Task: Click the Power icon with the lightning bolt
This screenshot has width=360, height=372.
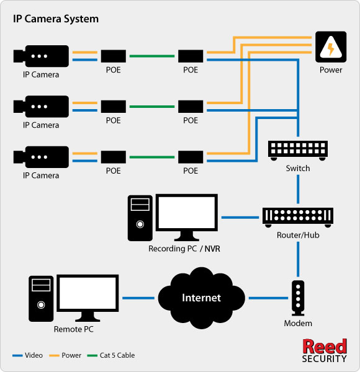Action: point(331,46)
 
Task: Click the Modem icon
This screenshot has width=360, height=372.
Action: point(298,298)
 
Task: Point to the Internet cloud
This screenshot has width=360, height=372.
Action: point(201,298)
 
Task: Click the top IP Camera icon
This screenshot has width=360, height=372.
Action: point(41,56)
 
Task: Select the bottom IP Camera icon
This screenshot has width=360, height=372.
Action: point(41,157)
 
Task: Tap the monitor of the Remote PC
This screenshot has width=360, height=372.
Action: point(88,298)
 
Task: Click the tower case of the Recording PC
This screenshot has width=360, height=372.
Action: point(140,218)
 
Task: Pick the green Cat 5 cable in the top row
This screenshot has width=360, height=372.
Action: point(152,56)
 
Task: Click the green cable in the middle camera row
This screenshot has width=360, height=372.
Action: point(152,107)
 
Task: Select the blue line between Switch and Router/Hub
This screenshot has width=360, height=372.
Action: point(298,189)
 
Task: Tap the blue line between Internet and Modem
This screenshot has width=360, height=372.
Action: point(268,298)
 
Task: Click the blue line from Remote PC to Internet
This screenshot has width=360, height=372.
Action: point(138,298)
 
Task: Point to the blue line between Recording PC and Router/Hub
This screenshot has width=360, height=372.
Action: point(240,218)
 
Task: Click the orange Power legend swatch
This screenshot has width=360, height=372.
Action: point(54,355)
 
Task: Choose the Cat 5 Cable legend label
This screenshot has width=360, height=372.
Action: point(117,355)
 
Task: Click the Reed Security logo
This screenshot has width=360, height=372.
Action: point(325,350)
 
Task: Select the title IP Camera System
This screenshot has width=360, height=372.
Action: point(56,19)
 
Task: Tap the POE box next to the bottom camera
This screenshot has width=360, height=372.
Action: point(114,157)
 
